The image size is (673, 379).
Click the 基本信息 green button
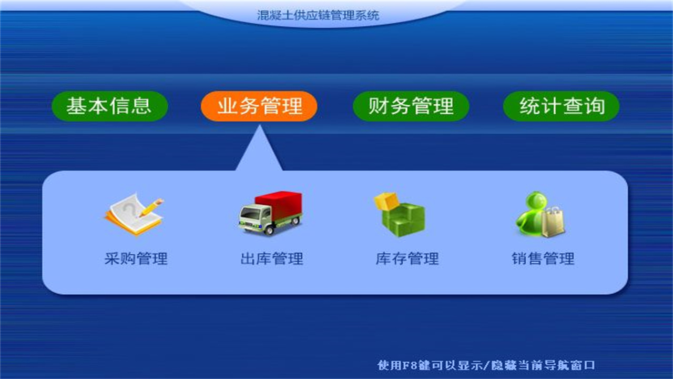click(x=109, y=106)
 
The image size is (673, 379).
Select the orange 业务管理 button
click(x=259, y=106)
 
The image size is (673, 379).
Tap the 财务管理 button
click(x=411, y=106)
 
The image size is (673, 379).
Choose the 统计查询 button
click(x=562, y=106)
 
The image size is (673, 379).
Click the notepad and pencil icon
click(x=134, y=213)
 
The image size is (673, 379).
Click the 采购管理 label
click(x=136, y=259)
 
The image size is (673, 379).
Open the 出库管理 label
click(x=272, y=259)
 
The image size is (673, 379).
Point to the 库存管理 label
click(x=407, y=259)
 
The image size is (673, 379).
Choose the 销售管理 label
click(x=543, y=259)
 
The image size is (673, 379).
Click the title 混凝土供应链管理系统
click(x=318, y=15)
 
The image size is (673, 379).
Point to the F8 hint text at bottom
click(x=486, y=365)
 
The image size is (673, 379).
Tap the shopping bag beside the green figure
click(x=553, y=222)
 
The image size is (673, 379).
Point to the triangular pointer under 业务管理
click(x=259, y=153)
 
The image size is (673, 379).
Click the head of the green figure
click(x=529, y=202)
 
